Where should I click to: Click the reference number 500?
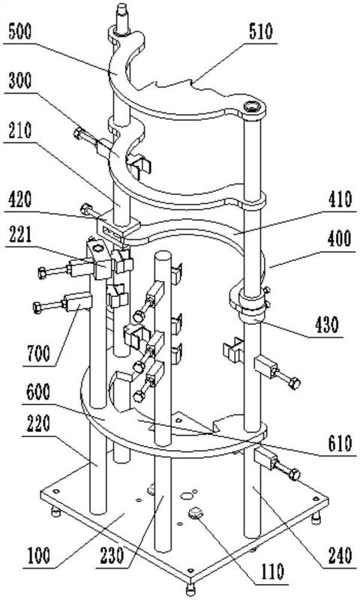click(19, 32)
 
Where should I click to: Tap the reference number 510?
click(261, 31)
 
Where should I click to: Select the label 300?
click(19, 81)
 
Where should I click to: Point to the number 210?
click(19, 130)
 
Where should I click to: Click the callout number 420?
click(19, 199)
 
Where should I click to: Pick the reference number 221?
click(19, 235)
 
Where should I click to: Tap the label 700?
click(37, 353)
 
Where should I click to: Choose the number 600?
click(37, 392)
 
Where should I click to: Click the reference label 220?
click(37, 424)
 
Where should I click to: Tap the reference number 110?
click(272, 571)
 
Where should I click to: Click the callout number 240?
click(340, 555)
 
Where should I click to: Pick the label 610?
click(340, 443)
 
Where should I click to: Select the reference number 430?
click(327, 325)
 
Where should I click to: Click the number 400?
click(340, 238)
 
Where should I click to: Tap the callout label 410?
click(340, 199)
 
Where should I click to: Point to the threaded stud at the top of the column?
click(122, 17)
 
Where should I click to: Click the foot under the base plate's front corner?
click(190, 587)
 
